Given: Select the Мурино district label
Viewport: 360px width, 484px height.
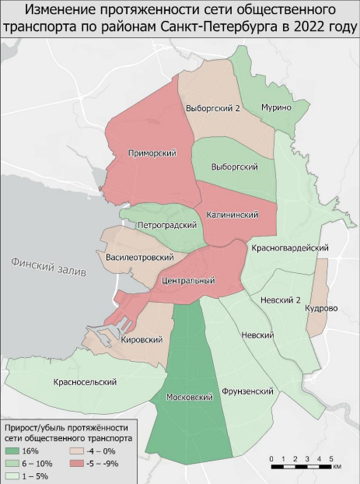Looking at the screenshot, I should coord(275,107).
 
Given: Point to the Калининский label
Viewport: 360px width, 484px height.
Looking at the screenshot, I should coord(232,214).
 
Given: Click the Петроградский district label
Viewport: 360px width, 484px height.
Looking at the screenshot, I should coord(165,225).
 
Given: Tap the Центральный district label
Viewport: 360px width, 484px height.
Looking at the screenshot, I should coord(186,279).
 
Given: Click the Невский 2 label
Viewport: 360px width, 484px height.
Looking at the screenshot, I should coord(281,299).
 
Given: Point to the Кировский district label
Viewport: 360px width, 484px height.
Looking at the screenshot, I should coord(142,340).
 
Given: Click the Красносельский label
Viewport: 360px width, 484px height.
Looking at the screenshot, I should coord(86,382).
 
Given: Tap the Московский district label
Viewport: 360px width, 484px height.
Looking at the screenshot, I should coord(190,398).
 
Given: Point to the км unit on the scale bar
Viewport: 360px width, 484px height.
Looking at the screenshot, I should coord(337,468).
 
